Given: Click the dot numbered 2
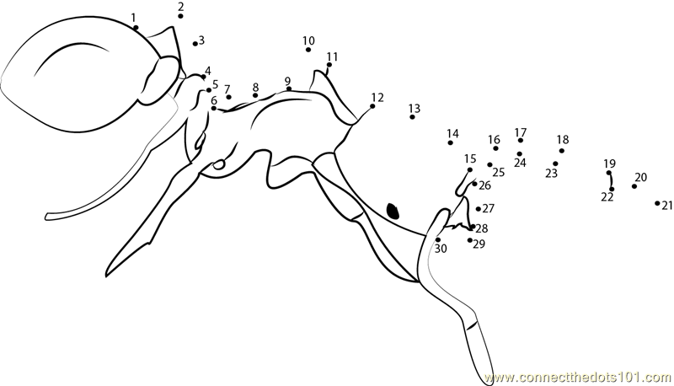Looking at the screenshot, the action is click(180, 16).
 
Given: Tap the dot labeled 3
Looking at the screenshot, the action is click(195, 44).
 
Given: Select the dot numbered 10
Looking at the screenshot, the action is click(308, 50).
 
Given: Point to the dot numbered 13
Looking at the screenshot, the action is click(412, 117).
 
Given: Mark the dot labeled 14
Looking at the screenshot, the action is click(451, 142).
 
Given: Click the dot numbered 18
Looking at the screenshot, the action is click(562, 151).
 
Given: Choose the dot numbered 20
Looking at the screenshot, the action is click(634, 186).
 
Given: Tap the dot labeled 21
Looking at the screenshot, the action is click(657, 203).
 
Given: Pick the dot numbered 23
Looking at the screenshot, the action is click(555, 164).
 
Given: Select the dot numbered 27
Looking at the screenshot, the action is click(479, 209).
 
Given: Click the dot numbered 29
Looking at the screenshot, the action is click(470, 240).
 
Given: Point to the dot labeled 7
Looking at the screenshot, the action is click(228, 97).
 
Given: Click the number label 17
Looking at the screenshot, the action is click(521, 132).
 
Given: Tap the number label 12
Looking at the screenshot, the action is click(377, 97).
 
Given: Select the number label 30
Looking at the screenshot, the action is click(441, 249).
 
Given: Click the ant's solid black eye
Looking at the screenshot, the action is click(393, 211).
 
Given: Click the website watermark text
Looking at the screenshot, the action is click(577, 378).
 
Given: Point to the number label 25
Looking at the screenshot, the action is click(498, 173).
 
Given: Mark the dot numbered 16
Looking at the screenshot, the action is click(495, 148).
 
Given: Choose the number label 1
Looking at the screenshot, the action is click(133, 18).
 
